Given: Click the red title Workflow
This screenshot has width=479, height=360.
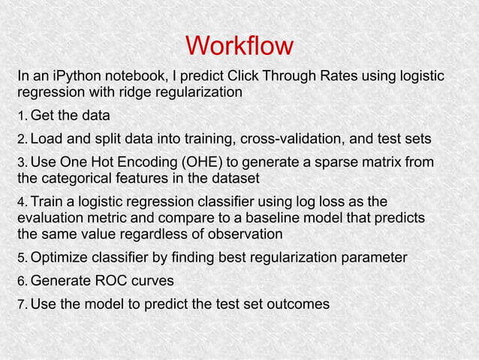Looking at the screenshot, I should click(x=239, y=46).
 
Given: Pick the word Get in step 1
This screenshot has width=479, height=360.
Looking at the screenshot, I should click(x=43, y=116).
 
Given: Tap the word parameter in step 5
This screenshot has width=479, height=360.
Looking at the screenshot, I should click(x=373, y=258).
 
